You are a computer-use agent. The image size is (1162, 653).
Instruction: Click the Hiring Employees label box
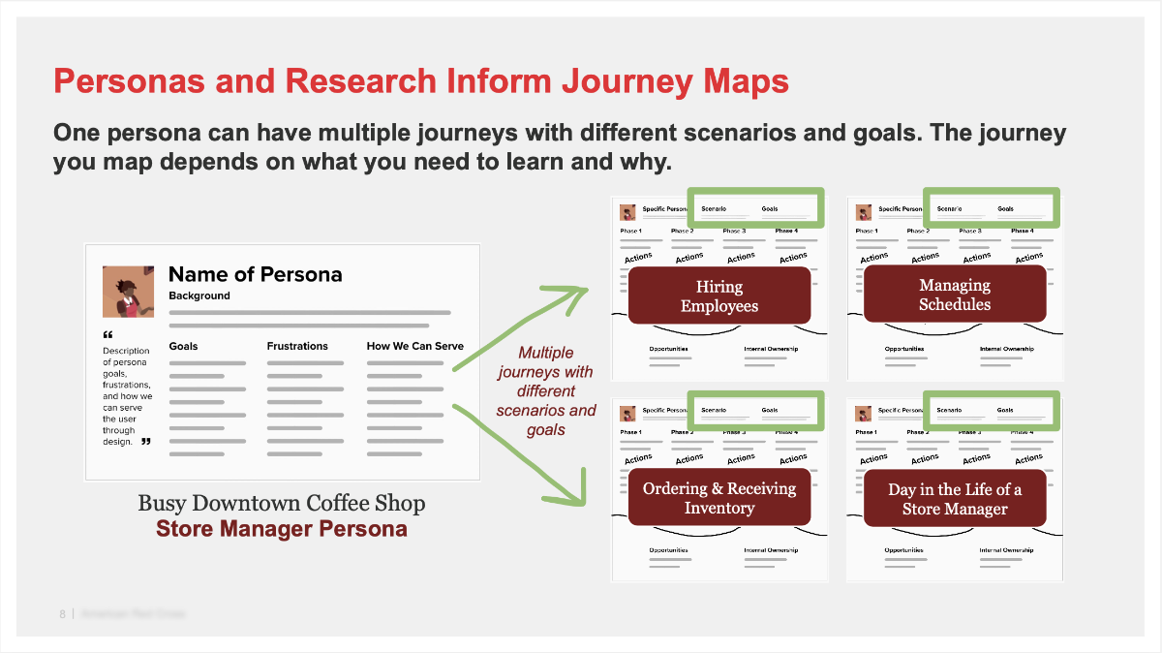tap(719, 295)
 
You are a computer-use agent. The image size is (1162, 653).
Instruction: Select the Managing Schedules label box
tap(955, 295)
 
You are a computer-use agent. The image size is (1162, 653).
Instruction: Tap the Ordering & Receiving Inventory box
tap(719, 498)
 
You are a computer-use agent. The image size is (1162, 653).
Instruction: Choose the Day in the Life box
tap(955, 498)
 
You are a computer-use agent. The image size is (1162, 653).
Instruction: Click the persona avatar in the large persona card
tap(128, 291)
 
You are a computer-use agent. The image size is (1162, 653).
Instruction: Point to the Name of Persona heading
tap(255, 274)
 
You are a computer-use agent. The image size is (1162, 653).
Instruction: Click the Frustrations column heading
tap(297, 346)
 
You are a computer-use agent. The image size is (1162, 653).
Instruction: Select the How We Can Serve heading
tap(414, 346)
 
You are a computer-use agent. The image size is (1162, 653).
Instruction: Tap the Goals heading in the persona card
tap(183, 346)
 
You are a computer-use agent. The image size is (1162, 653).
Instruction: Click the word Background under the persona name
tap(199, 295)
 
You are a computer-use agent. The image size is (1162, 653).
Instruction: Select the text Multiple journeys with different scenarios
tap(546, 390)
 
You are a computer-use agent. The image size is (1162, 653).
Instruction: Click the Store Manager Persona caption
tap(281, 530)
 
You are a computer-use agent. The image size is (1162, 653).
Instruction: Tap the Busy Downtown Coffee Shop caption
tap(281, 504)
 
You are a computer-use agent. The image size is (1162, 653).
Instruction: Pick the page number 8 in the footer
tap(62, 613)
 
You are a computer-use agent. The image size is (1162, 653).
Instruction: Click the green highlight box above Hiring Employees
tap(755, 208)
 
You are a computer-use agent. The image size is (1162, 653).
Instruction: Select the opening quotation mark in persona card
tap(107, 335)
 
